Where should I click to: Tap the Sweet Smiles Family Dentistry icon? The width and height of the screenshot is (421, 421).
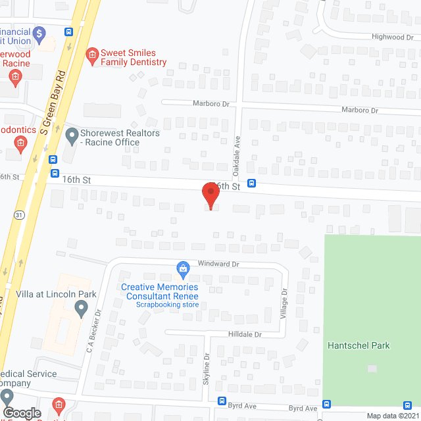click(93, 53)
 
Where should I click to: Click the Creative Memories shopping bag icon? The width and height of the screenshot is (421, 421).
click(184, 268)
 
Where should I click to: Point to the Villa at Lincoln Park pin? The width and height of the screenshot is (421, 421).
click(81, 307)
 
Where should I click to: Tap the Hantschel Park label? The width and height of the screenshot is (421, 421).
click(359, 345)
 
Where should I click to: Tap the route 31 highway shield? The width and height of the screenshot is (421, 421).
click(20, 215)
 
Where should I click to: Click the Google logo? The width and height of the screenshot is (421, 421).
click(21, 412)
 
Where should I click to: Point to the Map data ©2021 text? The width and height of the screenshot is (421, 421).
click(392, 416)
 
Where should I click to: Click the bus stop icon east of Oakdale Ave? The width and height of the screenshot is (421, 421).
click(251, 184)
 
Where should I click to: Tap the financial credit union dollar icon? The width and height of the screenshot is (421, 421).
click(39, 32)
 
